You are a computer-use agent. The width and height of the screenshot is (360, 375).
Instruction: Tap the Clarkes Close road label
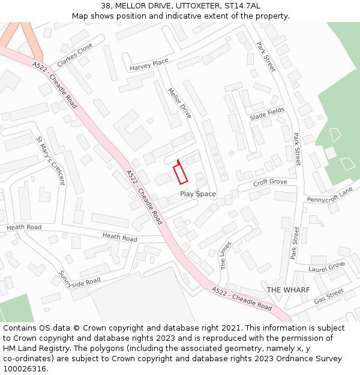(x=75, y=55)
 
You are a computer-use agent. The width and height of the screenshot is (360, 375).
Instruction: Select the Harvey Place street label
(x=149, y=64)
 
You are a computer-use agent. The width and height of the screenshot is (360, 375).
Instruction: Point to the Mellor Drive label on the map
(x=179, y=103)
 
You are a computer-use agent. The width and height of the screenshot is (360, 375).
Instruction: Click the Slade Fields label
(x=267, y=114)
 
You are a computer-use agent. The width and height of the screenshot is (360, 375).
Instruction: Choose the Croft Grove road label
(x=270, y=182)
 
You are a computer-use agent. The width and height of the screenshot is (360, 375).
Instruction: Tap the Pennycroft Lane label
(x=329, y=195)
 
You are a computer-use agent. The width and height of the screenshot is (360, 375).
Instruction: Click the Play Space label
(x=198, y=194)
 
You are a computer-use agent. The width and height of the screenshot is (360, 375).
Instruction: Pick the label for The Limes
(x=225, y=256)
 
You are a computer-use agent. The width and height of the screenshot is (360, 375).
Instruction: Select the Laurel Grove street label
(x=327, y=266)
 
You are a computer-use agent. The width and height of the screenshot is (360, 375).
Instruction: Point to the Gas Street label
(x=329, y=295)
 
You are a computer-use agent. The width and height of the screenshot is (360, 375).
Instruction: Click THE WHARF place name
(x=288, y=290)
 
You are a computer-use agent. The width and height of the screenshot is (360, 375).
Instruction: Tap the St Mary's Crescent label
(x=50, y=161)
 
